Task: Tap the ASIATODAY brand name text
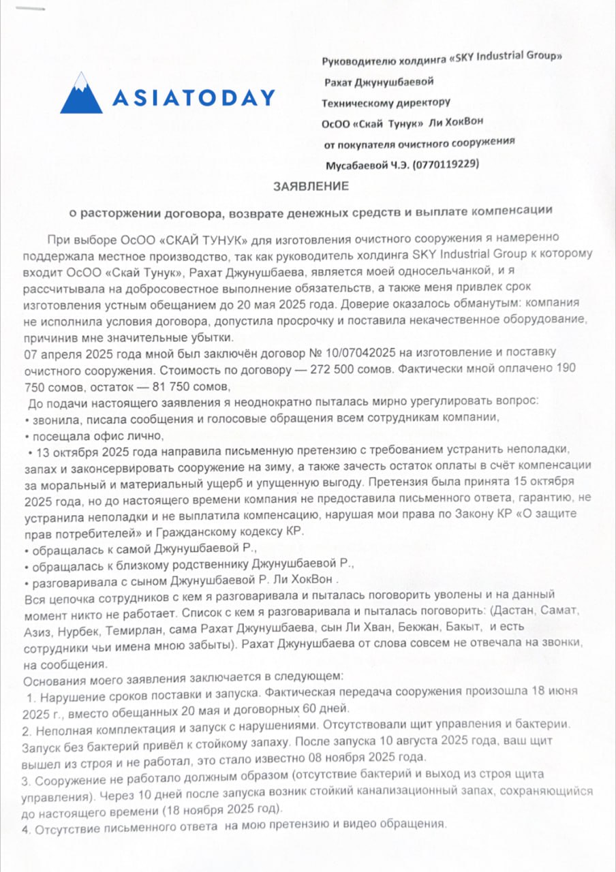(194, 98)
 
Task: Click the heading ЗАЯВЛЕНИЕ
(311, 186)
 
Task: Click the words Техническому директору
(386, 104)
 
